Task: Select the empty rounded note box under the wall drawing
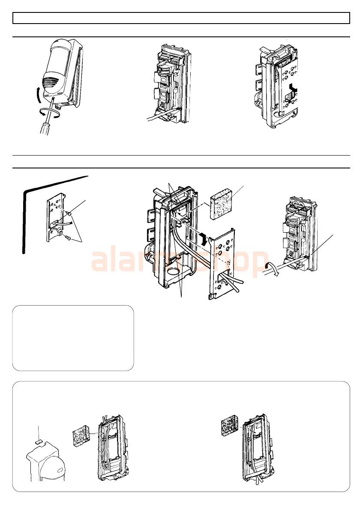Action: click(73, 338)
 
